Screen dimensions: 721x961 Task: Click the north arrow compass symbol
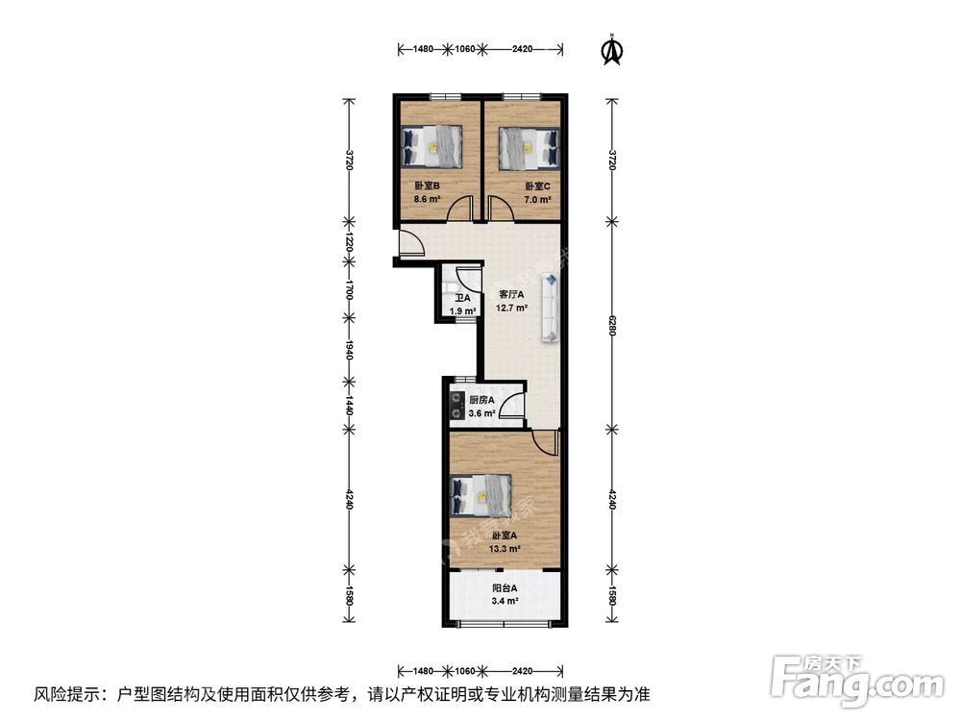coord(610,50)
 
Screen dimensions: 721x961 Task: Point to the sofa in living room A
coord(552,308)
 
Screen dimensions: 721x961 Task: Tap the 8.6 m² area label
coord(427,200)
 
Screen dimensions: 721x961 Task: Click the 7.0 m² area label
coord(536,200)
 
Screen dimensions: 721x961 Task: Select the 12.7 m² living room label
coord(511,309)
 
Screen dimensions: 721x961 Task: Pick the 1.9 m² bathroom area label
coord(462,311)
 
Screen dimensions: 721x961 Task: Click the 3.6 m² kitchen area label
coord(480,413)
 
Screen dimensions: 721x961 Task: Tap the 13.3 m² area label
coord(505,549)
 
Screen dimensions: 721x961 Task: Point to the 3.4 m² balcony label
coord(505,601)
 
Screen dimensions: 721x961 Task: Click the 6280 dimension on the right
coord(610,327)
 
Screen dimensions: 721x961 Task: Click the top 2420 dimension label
coord(523,47)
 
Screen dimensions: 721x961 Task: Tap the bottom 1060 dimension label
coord(464,669)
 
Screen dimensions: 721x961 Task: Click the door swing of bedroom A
coord(546,443)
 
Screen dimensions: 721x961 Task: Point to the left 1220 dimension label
coord(351,244)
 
